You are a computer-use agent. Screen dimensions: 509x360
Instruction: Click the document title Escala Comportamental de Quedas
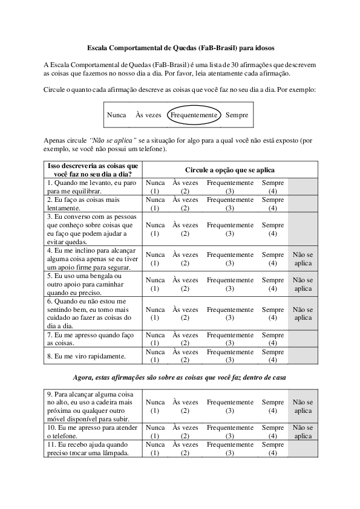click(180, 47)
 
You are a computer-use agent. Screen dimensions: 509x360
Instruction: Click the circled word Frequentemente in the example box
click(194, 115)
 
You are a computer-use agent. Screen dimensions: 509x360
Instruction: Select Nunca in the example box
click(116, 115)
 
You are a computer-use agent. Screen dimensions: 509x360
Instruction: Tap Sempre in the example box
click(237, 115)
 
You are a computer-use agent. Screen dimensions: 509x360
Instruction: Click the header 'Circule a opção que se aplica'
click(229, 170)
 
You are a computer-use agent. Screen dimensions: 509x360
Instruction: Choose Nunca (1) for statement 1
click(155, 186)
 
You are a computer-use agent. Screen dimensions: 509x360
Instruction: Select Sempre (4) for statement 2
click(272, 204)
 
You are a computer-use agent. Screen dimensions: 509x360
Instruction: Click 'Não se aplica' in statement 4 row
click(303, 259)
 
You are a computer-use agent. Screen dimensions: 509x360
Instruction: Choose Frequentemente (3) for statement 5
click(229, 284)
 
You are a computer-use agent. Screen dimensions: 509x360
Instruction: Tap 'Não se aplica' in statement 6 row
click(303, 313)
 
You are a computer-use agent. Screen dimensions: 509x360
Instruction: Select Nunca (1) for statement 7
click(155, 339)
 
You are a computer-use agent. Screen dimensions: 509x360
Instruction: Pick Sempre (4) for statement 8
click(272, 356)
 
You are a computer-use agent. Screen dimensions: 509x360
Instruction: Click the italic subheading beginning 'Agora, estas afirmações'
click(180, 377)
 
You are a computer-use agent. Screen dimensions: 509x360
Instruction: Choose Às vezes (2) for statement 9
click(185, 406)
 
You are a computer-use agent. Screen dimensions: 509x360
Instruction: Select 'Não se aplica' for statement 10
click(303, 432)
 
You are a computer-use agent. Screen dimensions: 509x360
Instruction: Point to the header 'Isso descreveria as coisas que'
click(93, 166)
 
